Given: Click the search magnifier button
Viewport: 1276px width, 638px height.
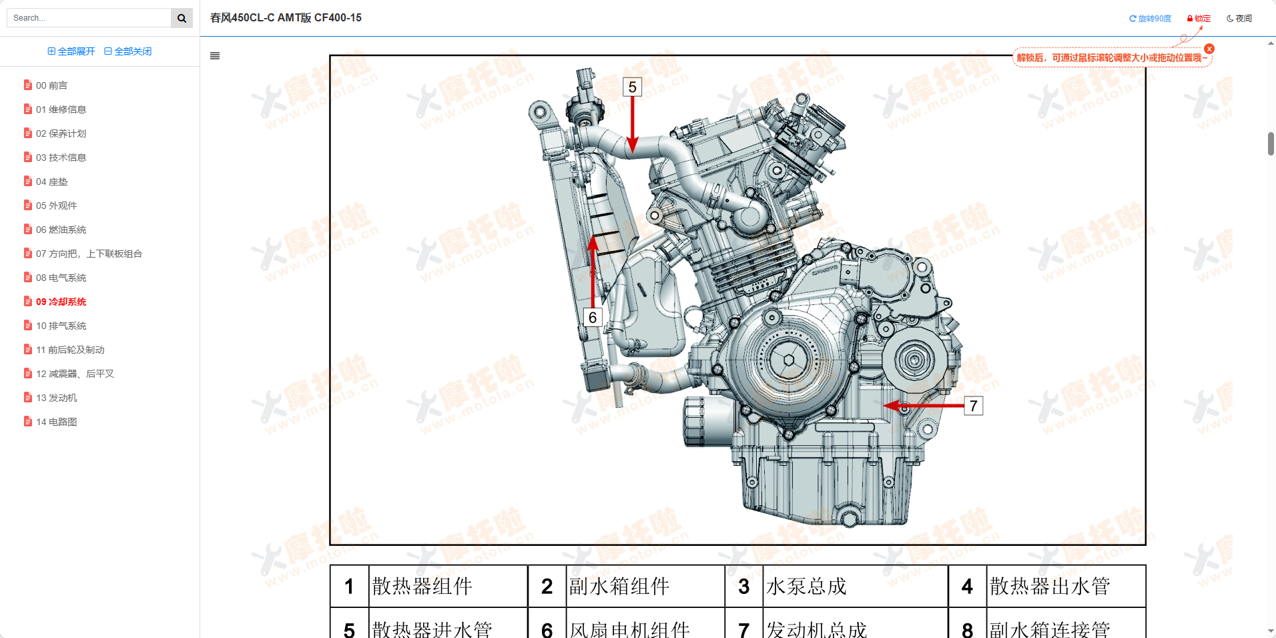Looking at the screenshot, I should pyautogui.click(x=182, y=18).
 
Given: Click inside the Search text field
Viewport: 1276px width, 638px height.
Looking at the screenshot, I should pyautogui.click(x=89, y=18).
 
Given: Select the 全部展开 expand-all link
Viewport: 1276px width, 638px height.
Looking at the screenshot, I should pyautogui.click(x=71, y=51).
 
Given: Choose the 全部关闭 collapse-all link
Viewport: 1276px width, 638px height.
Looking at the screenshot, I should pyautogui.click(x=128, y=51).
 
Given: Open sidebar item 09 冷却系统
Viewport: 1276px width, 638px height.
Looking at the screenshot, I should pyautogui.click(x=61, y=302).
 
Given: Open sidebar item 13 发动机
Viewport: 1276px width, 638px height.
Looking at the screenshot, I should pyautogui.click(x=56, y=398).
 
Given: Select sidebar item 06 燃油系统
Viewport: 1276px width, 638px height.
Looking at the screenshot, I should pyautogui.click(x=61, y=230).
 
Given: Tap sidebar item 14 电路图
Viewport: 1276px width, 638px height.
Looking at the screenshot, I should pyautogui.click(x=56, y=422).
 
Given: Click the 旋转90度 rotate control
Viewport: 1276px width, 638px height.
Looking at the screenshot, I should pyautogui.click(x=1150, y=19).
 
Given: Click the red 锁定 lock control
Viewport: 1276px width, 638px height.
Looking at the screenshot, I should pyautogui.click(x=1199, y=19).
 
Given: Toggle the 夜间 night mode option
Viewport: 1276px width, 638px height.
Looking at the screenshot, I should pyautogui.click(x=1239, y=19).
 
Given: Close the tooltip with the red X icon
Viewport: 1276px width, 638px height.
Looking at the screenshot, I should pyautogui.click(x=1209, y=49).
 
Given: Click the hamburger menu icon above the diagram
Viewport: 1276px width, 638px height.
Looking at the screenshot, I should pyautogui.click(x=215, y=56).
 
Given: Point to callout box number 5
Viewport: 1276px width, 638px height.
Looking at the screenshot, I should pyautogui.click(x=632, y=87).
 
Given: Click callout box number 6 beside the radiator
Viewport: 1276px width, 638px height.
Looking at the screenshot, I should pyautogui.click(x=593, y=318).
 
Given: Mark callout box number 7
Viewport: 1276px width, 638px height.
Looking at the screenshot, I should pyautogui.click(x=973, y=406).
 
